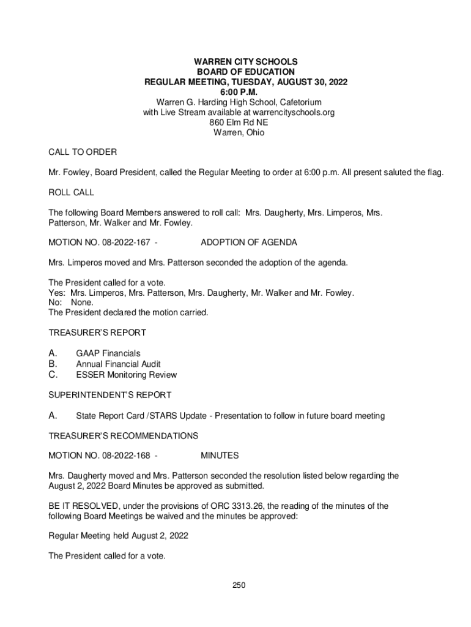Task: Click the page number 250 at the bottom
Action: (x=239, y=586)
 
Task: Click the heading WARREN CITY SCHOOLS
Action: (x=238, y=62)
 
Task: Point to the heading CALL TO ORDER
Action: (x=83, y=152)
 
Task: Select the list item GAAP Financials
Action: (x=108, y=353)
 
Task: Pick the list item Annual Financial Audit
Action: (x=119, y=364)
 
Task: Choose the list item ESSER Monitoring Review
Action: (x=127, y=375)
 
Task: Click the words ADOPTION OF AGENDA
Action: (x=249, y=242)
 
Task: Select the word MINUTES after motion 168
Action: (x=220, y=456)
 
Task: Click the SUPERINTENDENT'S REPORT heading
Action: (x=110, y=395)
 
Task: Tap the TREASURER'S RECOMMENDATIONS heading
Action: (x=124, y=436)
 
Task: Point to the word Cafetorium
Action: (x=300, y=102)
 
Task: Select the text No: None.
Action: (x=71, y=302)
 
